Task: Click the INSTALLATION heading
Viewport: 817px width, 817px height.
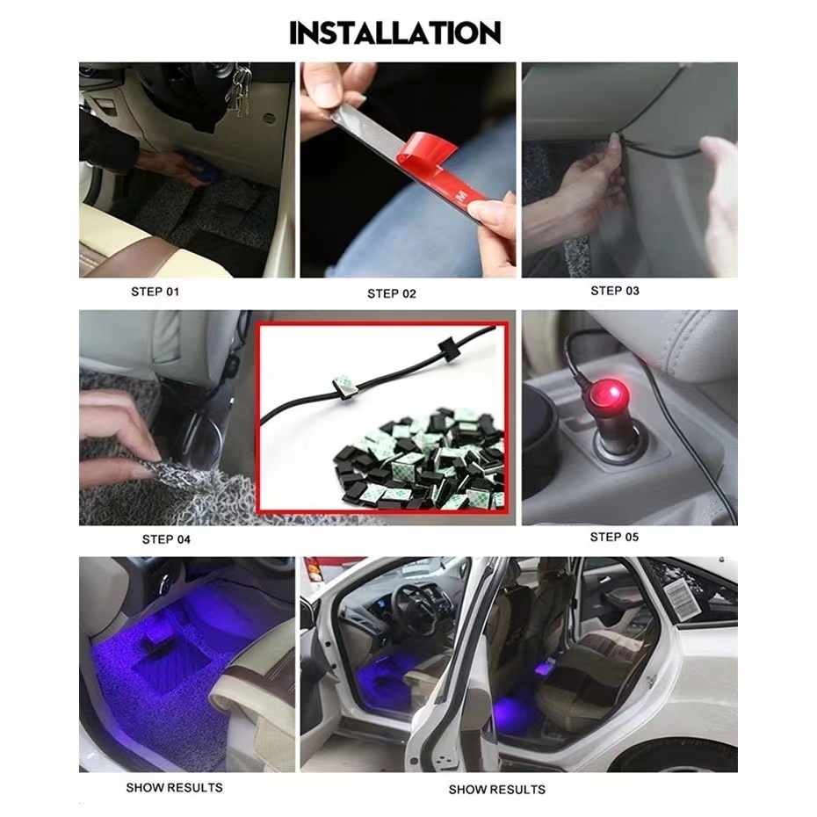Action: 395,33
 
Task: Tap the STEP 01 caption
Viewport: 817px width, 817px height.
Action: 155,292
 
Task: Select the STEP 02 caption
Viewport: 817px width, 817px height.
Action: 392,294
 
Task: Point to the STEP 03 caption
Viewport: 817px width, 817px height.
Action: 615,291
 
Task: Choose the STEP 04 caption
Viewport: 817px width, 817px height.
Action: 166,539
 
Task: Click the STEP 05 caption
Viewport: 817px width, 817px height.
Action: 614,537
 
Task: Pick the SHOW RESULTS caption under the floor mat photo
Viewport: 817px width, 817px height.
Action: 174,787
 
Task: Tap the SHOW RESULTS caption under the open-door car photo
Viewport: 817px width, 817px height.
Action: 496,790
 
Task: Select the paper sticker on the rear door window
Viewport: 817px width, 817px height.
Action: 679,598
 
